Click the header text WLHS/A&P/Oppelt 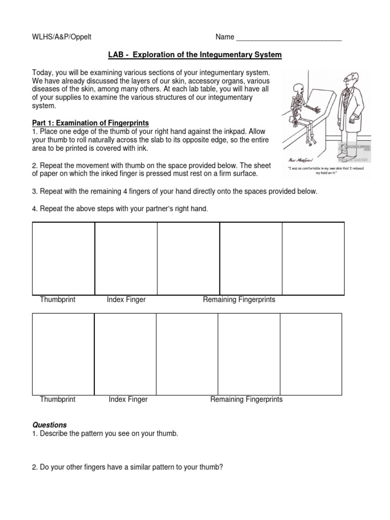[x=61, y=37]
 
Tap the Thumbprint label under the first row [x=57, y=300]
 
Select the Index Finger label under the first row [x=126, y=300]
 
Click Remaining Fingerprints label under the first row [x=239, y=300]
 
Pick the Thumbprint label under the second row [x=57, y=399]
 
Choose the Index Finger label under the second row [x=128, y=399]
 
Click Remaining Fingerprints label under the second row [x=246, y=399]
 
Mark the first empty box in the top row [x=63, y=258]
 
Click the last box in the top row [x=313, y=258]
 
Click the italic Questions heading [x=50, y=425]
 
